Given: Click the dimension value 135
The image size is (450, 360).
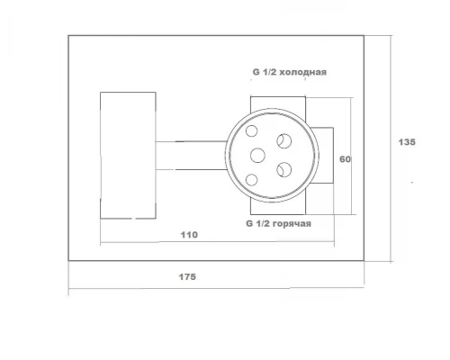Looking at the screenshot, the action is pyautogui.click(x=407, y=142).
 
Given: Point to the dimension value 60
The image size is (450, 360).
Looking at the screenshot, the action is pyautogui.click(x=345, y=159).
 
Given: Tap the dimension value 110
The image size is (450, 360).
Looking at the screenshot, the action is pyautogui.click(x=189, y=235).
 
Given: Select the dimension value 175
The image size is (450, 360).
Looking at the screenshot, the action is pyautogui.click(x=187, y=276).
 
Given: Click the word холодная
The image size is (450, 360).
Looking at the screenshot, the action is pyautogui.click(x=304, y=72).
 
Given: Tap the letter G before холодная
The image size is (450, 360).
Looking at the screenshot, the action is pyautogui.click(x=256, y=72).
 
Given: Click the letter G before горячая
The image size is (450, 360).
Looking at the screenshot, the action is pyautogui.click(x=249, y=224).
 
